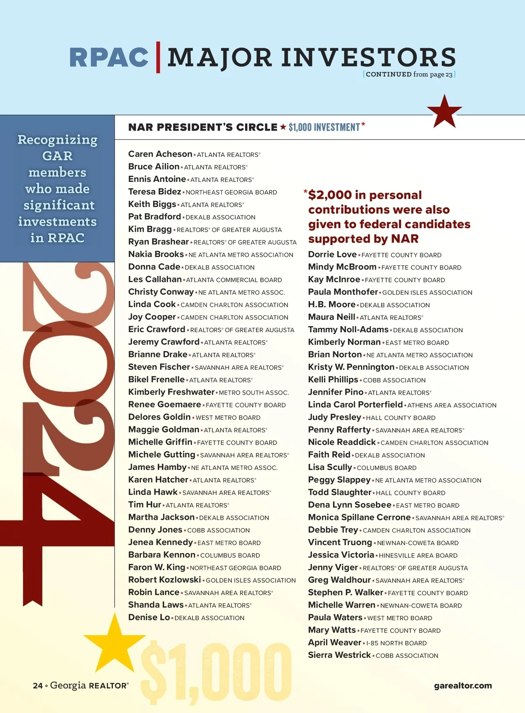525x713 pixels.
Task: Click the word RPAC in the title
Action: point(108,58)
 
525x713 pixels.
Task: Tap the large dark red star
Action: point(444,112)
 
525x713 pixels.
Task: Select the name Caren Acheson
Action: point(160,154)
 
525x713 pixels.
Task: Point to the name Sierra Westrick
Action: point(339,655)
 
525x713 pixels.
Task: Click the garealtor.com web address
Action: point(463,685)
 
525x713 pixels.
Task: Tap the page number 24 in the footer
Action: point(38,685)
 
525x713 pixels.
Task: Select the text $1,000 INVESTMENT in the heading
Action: point(324,127)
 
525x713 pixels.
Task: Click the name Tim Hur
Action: point(144,504)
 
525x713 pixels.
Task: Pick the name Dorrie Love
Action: point(332,254)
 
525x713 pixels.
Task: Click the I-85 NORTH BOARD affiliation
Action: point(396,643)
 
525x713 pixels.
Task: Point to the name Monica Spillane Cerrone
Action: point(359,517)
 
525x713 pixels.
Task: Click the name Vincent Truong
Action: point(340,542)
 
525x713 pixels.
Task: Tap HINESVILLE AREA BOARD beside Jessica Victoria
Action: point(418,556)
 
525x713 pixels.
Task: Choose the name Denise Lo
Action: point(149,617)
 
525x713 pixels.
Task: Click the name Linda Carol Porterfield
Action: point(355,404)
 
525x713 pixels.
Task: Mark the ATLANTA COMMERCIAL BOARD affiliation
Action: point(234,280)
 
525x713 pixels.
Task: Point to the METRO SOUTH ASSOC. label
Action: point(254,393)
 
